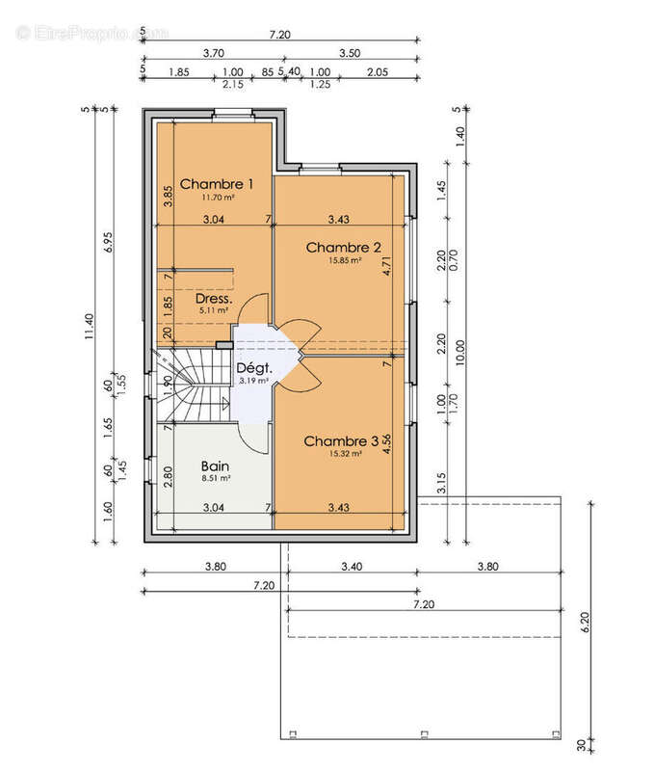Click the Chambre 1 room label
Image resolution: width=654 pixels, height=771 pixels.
click(217, 183)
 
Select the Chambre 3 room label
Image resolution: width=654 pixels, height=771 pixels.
click(333, 440)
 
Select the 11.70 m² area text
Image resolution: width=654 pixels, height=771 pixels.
click(218, 197)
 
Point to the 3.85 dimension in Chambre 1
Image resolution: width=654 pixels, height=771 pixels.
click(167, 197)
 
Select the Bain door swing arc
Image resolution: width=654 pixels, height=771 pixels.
click(255, 439)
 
